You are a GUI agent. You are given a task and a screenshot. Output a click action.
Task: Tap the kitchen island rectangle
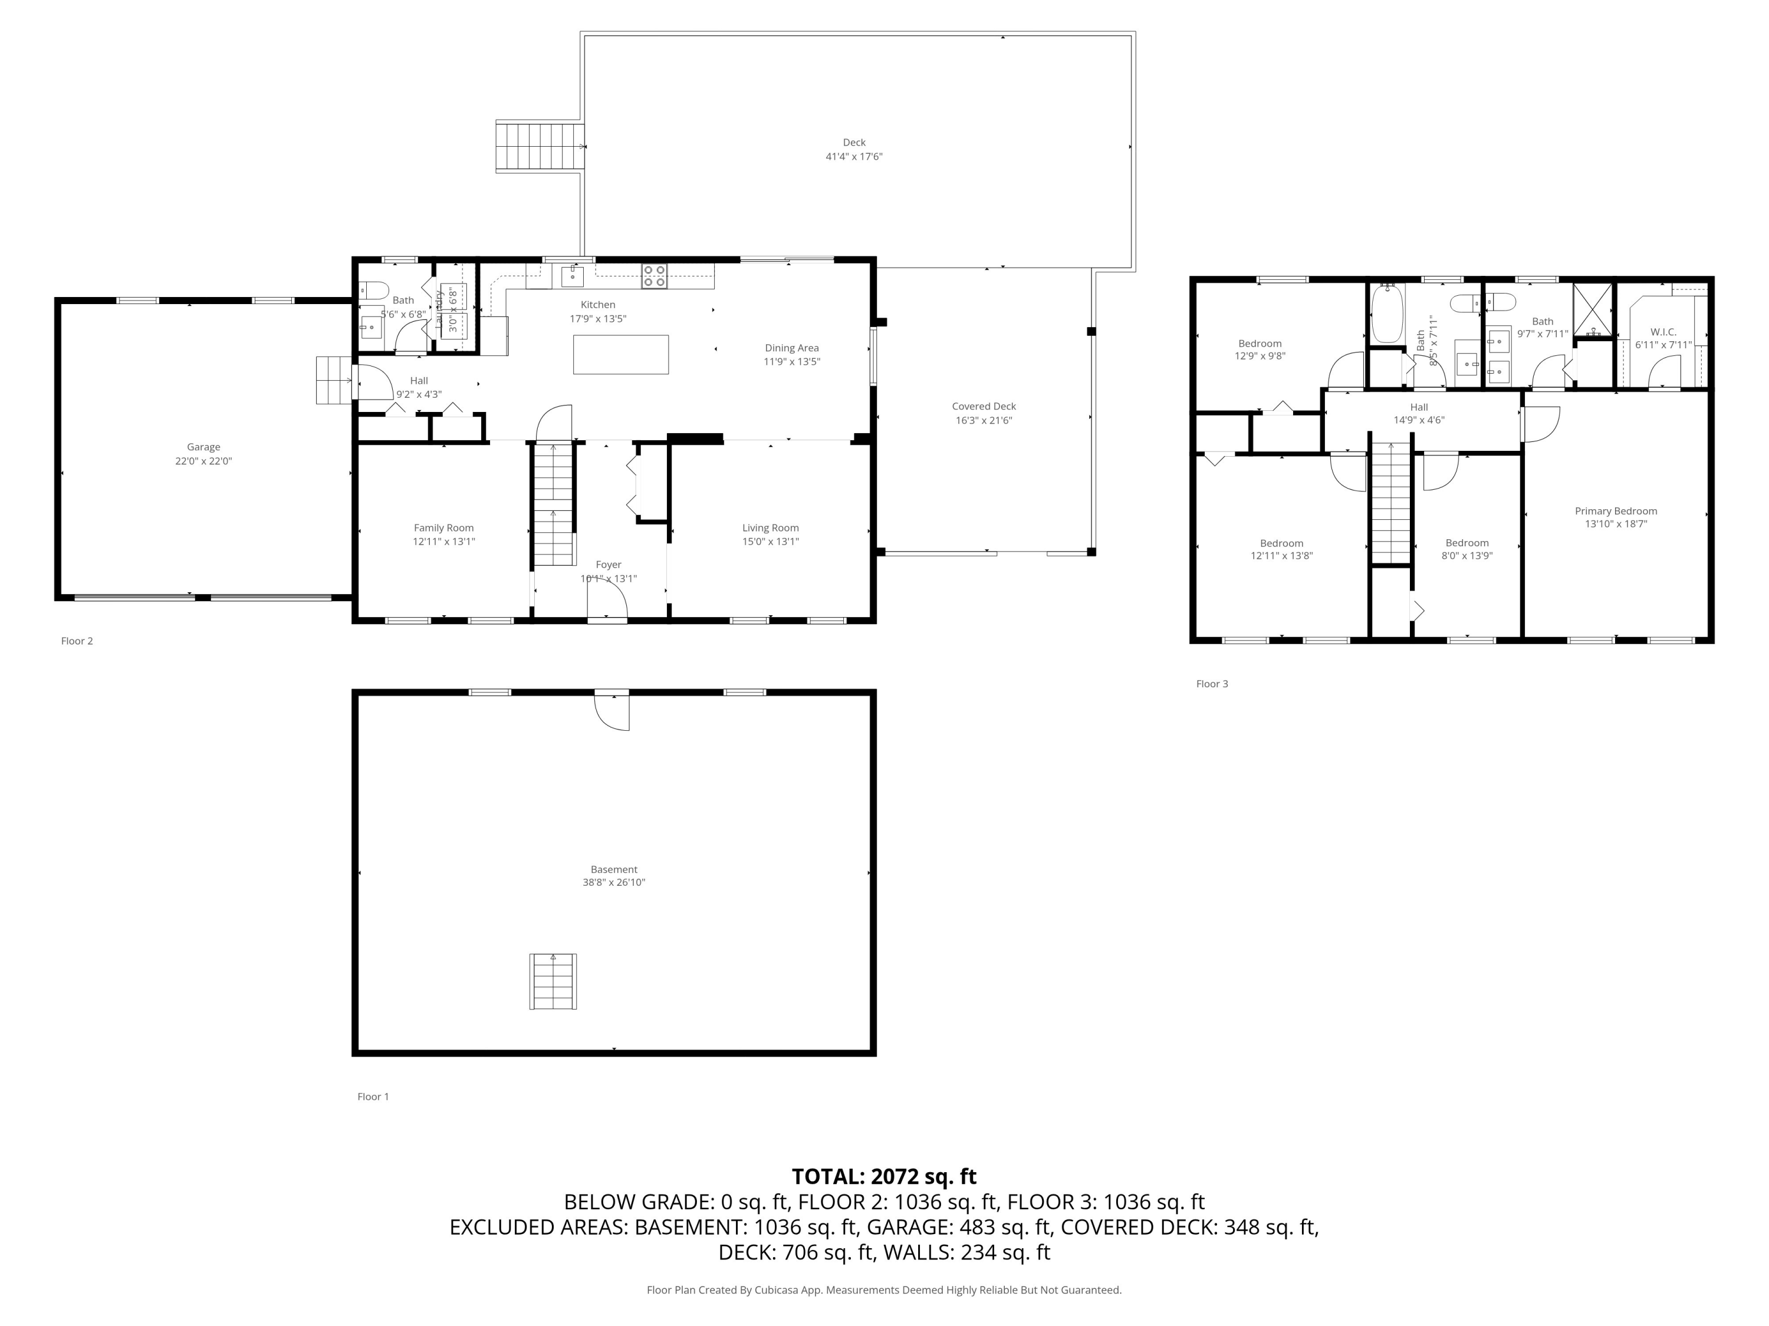pos(620,354)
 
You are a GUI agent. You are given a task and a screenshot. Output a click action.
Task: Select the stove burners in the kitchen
pos(653,276)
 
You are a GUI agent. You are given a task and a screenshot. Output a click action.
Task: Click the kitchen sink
pos(572,276)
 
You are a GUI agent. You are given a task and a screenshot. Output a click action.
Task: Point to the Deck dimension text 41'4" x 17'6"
pos(853,157)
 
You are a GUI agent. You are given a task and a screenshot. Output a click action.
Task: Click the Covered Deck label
pos(983,406)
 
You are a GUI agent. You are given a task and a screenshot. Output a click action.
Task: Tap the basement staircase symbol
pos(553,981)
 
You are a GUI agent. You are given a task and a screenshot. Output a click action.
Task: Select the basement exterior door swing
pos(613,711)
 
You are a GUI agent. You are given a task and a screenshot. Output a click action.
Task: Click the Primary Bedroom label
pos(1616,511)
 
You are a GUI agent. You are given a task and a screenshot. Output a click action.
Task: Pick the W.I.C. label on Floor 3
pos(1663,332)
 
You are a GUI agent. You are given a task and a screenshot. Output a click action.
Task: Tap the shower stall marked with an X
pos(1592,309)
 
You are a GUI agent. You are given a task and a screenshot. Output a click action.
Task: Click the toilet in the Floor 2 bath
pos(373,290)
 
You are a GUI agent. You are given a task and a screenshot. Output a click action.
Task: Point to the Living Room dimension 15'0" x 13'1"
pos(770,541)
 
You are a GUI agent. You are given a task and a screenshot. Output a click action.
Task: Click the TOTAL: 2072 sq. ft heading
pos(884,1176)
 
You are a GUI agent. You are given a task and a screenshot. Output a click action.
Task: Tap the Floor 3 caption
pos(1212,684)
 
